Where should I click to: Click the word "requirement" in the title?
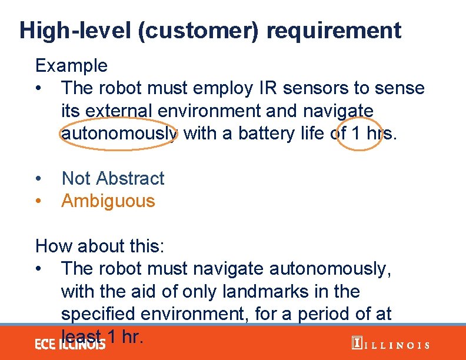coord(334,31)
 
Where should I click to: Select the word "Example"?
coord(71,65)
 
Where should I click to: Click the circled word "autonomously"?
coord(119,134)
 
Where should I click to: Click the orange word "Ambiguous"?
coord(108,201)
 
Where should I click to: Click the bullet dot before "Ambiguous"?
coord(39,201)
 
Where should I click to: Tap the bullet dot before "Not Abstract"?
coord(39,179)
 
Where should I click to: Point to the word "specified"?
coord(99,314)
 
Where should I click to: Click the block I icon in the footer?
coord(356,344)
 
